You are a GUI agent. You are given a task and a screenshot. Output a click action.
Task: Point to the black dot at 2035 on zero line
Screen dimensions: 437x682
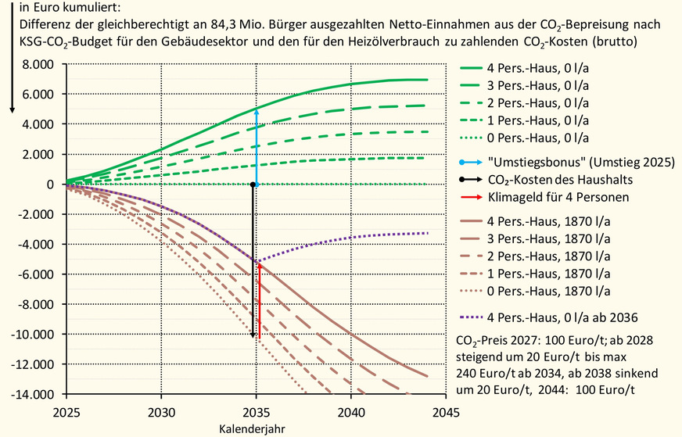[x=253, y=184]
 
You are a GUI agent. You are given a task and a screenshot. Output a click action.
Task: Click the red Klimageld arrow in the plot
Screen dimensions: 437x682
[x=259, y=297]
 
